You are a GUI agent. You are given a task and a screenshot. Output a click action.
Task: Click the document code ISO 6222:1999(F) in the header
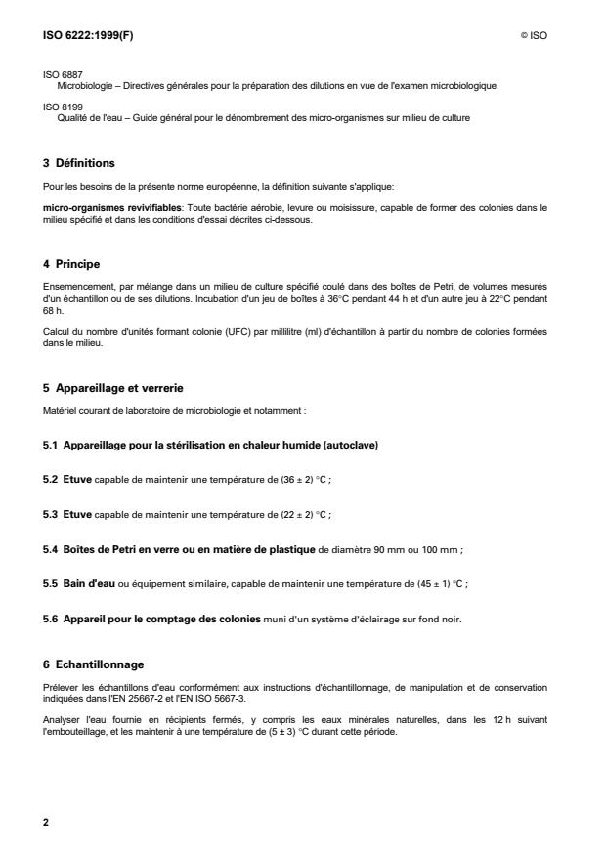84,36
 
